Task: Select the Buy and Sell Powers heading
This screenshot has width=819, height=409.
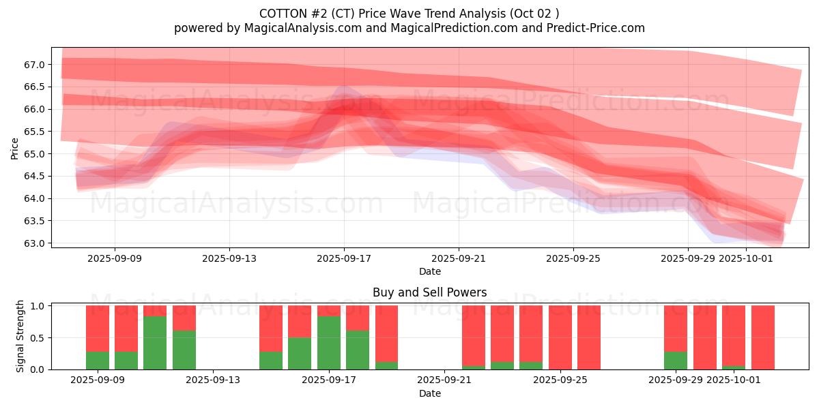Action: click(x=429, y=292)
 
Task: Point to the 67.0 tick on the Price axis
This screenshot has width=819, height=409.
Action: click(x=34, y=65)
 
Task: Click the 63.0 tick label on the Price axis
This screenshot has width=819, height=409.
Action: click(x=34, y=243)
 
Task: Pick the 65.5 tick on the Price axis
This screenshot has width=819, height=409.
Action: click(x=34, y=132)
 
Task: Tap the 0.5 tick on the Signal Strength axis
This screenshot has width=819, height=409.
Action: click(x=38, y=337)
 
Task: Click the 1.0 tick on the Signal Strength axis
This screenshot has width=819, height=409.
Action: click(x=38, y=306)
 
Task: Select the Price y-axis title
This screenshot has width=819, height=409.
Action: click(x=14, y=148)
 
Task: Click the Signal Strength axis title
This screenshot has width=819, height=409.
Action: click(x=20, y=336)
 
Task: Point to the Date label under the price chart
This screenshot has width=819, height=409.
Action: click(x=429, y=271)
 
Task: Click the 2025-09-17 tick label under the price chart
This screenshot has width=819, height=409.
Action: click(x=344, y=258)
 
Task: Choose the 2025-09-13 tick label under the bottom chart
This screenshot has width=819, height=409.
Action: click(x=214, y=380)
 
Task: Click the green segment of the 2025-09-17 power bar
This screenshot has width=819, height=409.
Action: click(x=329, y=342)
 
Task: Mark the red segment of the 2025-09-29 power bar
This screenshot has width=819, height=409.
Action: click(x=676, y=329)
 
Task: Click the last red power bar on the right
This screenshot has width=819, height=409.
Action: click(x=762, y=337)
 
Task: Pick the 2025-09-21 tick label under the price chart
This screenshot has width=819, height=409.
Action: click(x=459, y=258)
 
